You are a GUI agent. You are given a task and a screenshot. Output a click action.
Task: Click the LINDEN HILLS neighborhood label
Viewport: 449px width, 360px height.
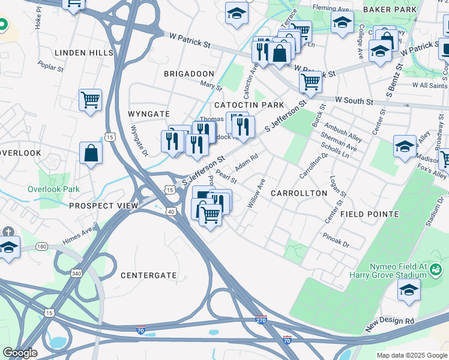[x=84, y=53]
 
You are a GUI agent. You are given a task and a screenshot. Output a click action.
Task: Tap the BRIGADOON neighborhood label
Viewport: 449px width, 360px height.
[x=189, y=73]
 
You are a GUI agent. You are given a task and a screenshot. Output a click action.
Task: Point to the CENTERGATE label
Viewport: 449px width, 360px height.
[x=146, y=275]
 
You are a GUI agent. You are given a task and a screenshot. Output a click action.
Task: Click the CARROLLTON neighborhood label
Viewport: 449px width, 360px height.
[x=299, y=193]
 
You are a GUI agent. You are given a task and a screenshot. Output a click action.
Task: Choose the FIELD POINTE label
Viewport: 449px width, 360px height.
[x=369, y=214]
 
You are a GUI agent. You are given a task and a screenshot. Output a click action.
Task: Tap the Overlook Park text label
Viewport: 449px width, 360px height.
[x=53, y=189]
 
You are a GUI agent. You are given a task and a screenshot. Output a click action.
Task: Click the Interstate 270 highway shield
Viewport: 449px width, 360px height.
[x=261, y=319]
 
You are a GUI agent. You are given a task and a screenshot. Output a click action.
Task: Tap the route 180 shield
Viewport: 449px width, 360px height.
[x=41, y=247]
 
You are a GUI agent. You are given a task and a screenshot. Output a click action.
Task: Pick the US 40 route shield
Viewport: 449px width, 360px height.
[x=171, y=211]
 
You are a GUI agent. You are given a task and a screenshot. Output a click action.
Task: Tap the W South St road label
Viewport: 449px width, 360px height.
[x=354, y=100]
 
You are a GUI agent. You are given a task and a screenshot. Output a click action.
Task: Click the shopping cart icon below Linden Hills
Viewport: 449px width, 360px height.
[x=90, y=100]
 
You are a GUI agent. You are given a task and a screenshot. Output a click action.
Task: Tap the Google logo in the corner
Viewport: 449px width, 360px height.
[x=19, y=353]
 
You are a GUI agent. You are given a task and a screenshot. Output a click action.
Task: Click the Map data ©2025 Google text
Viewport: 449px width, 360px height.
[x=411, y=355]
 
